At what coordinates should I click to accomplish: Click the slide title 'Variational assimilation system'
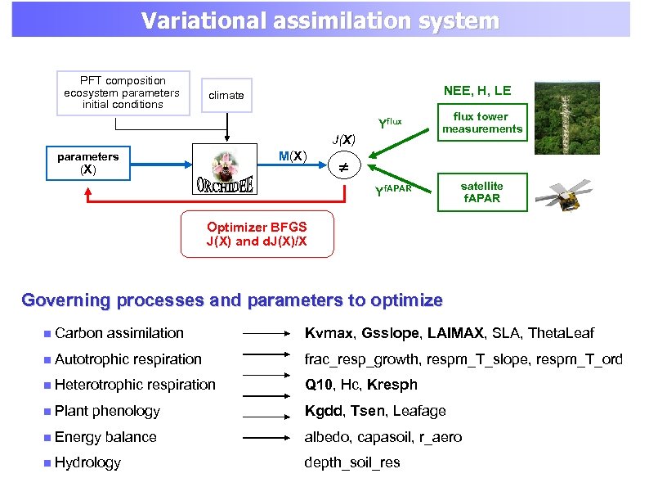[320, 20]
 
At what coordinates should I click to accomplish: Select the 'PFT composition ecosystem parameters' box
[123, 92]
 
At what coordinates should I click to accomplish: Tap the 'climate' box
[226, 95]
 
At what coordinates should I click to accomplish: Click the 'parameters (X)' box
[87, 163]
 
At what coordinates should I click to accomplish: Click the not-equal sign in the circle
[344, 166]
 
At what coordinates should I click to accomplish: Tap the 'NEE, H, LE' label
[477, 90]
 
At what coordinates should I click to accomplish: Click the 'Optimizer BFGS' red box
[257, 234]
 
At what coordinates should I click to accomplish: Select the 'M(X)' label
[293, 156]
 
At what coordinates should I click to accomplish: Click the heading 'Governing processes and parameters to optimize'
[232, 300]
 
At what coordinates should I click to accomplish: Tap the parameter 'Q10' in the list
[319, 385]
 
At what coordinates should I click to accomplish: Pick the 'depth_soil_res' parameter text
[351, 462]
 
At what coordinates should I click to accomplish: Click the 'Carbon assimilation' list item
[119, 333]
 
